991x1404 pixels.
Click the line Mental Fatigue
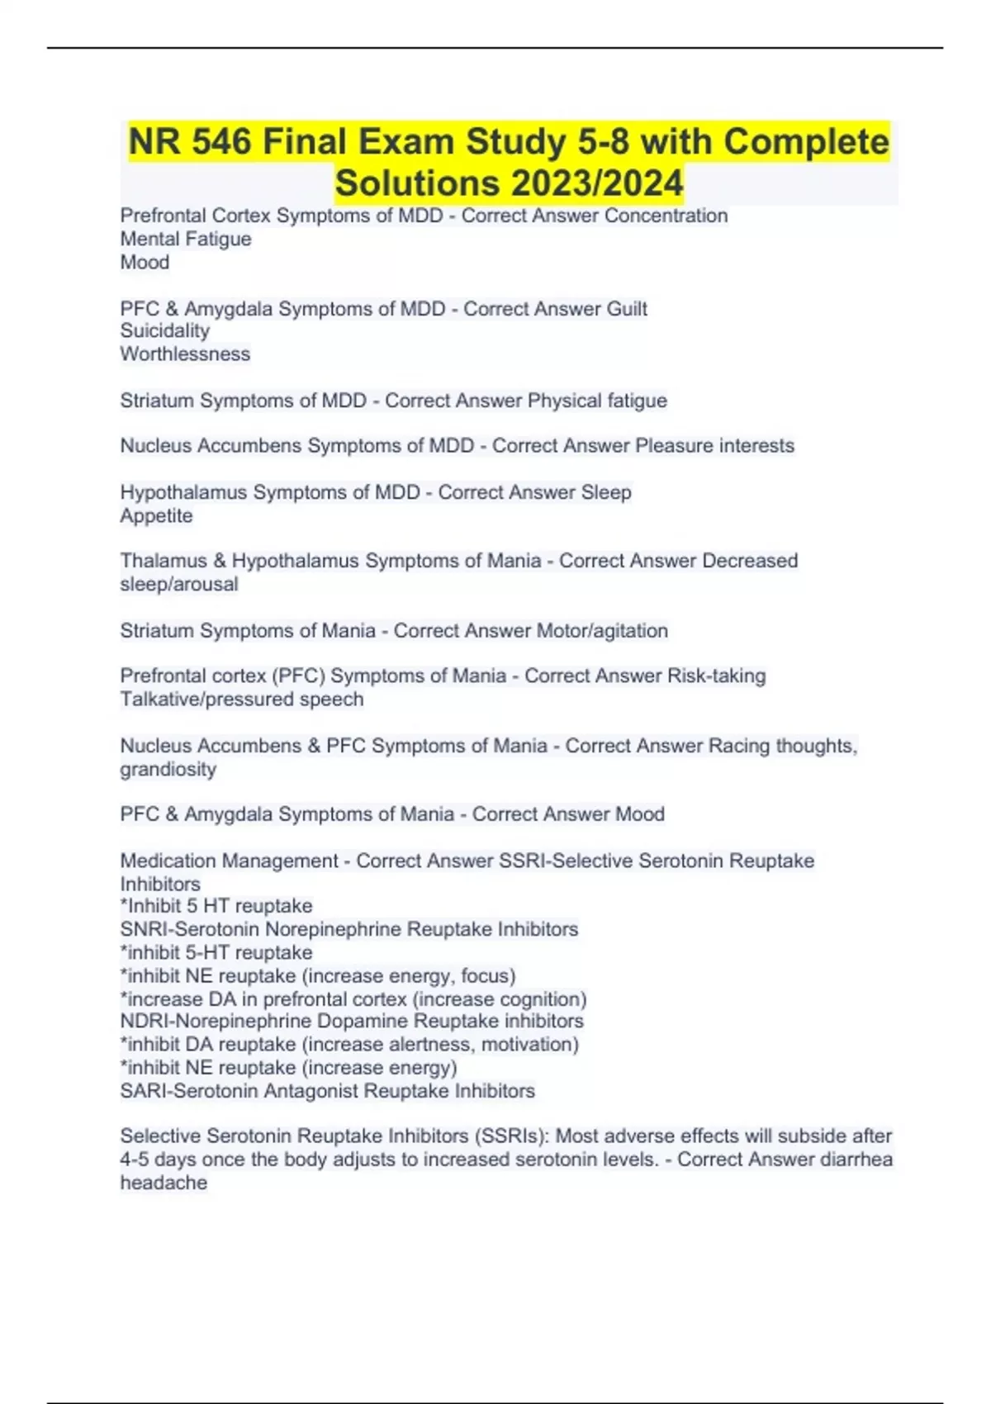pyautogui.click(x=186, y=239)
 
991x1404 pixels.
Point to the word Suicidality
pyautogui.click(x=165, y=330)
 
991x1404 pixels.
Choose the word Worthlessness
pyautogui.click(x=185, y=353)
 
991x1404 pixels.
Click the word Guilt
pyautogui.click(x=627, y=309)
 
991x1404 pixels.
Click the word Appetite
pyautogui.click(x=156, y=515)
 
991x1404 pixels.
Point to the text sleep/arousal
pyautogui.click(x=179, y=584)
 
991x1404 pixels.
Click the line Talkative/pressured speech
pyautogui.click(x=242, y=699)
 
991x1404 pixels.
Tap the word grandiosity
pyautogui.click(x=168, y=769)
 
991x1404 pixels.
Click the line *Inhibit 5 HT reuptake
pyautogui.click(x=216, y=906)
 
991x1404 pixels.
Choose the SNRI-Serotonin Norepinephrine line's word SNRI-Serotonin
pyautogui.click(x=190, y=929)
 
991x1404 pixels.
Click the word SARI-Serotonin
pyautogui.click(x=189, y=1091)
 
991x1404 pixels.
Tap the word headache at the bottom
pyautogui.click(x=164, y=1183)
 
